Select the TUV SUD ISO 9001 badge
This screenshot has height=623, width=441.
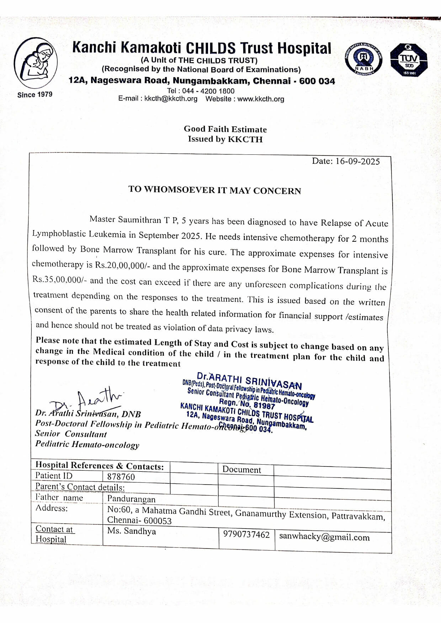click(x=409, y=60)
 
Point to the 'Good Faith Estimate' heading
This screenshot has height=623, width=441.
click(x=225, y=129)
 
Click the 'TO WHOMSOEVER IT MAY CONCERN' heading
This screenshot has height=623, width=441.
click(x=214, y=190)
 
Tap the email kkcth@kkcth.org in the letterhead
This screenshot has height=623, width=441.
click(x=171, y=99)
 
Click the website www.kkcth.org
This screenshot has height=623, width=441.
click(x=261, y=99)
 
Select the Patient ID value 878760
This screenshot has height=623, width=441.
click(x=121, y=477)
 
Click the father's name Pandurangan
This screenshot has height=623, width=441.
click(x=131, y=499)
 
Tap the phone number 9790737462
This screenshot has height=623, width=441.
click(x=246, y=535)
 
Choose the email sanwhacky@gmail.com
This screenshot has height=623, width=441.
click(x=324, y=537)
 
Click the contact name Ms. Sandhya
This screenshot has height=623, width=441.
click(x=132, y=531)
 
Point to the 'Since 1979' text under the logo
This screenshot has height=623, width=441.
click(x=35, y=94)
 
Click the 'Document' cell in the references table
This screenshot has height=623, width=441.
click(x=241, y=469)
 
